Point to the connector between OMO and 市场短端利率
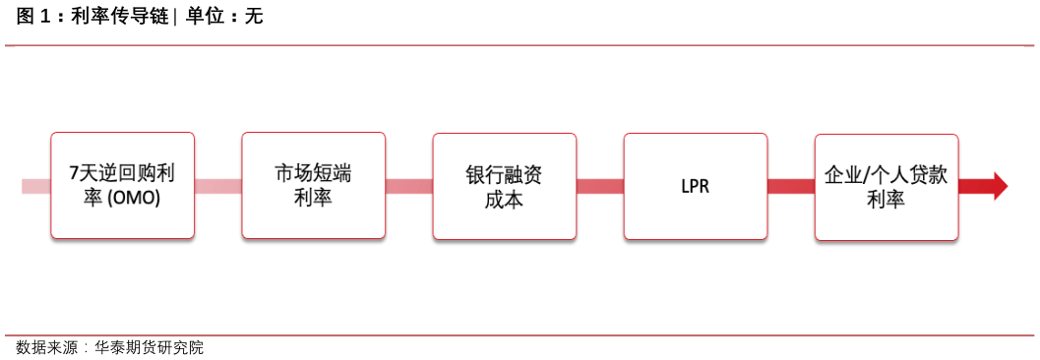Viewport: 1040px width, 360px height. (x=217, y=186)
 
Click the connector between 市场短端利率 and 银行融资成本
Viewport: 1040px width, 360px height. (x=408, y=186)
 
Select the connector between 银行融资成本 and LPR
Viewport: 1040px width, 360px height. (x=599, y=186)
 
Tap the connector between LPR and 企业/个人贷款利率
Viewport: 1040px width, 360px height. (x=790, y=186)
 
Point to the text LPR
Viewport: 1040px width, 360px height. (x=695, y=186)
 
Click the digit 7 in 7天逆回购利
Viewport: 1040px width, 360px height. (x=75, y=174)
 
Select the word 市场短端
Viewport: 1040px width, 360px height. (x=313, y=174)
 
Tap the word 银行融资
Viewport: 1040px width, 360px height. (x=504, y=174)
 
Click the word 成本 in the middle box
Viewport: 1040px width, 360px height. (x=504, y=199)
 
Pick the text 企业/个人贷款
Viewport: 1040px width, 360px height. (x=886, y=174)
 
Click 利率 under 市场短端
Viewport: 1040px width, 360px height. (x=313, y=199)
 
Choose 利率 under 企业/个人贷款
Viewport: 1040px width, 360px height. (x=886, y=199)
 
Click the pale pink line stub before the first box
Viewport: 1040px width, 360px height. (x=35, y=186)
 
